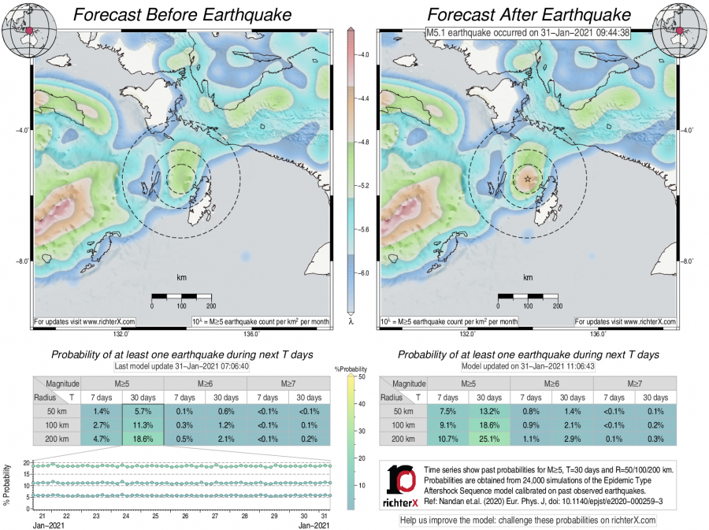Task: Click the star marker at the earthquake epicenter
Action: pyautogui.click(x=528, y=180)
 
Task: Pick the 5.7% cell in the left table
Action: pyautogui.click(x=143, y=412)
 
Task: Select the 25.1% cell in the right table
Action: pyautogui.click(x=490, y=440)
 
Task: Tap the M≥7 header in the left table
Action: pyautogui.click(x=288, y=383)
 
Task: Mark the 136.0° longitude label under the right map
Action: pyautogui.click(x=598, y=334)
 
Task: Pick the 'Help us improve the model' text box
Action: pyautogui.click(x=528, y=521)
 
